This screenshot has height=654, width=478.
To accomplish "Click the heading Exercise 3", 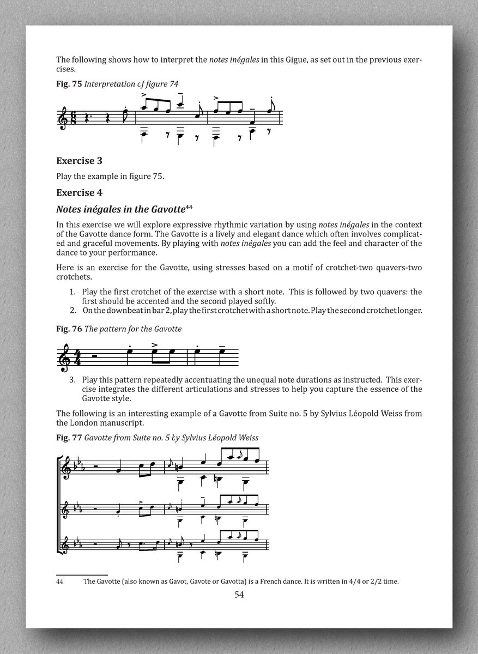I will click(x=80, y=161).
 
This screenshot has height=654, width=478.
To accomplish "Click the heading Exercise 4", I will click(x=80, y=192).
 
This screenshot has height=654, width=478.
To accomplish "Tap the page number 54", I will click(x=239, y=595).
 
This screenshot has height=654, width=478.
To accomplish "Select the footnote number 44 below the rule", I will click(x=60, y=581).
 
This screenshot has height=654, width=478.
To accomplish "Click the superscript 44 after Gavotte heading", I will click(x=189, y=206).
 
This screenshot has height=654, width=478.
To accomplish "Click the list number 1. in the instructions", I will click(x=72, y=292).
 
